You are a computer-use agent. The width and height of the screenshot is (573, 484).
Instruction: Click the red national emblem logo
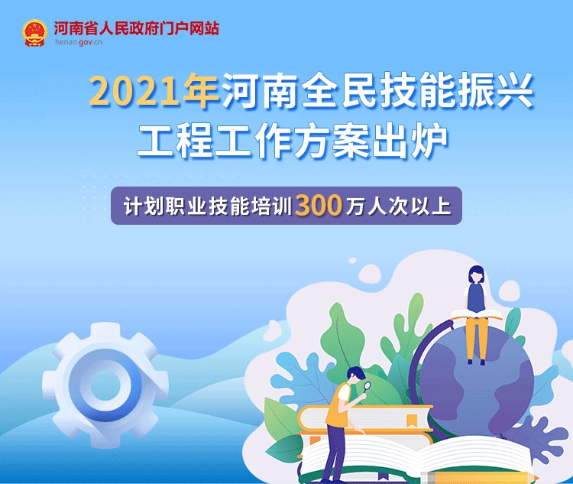coord(34,33)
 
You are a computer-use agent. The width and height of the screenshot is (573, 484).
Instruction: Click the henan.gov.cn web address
coord(79,42)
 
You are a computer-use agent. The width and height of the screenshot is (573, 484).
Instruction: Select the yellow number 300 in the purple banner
coord(319,206)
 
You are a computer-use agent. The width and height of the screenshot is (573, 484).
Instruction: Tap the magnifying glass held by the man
coord(366,387)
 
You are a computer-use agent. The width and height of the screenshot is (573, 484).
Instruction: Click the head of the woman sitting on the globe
coord(476,274)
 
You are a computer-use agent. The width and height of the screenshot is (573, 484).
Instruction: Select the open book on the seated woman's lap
coord(477,314)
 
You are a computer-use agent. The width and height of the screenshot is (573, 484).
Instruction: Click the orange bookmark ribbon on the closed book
coord(413,421)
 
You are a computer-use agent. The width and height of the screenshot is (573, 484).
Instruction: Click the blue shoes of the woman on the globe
coord(476,362)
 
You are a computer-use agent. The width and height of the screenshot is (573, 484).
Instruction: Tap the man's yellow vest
coord(337,405)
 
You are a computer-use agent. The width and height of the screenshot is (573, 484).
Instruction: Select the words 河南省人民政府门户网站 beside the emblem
coord(137,28)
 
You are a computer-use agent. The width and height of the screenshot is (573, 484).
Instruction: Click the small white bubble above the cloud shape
coord(353,261)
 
